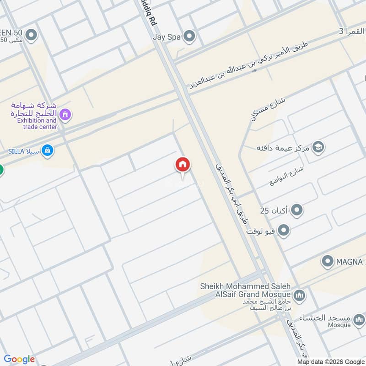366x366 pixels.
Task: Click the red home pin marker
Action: pyautogui.click(x=183, y=165)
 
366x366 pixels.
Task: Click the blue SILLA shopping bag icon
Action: pyautogui.click(x=47, y=150)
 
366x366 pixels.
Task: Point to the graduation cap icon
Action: pyautogui.click(x=318, y=147)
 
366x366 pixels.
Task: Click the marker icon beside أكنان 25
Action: pyautogui.click(x=297, y=210)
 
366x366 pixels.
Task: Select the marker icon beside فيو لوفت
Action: pyautogui.click(x=284, y=231)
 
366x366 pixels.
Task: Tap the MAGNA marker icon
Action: pyautogui.click(x=327, y=262)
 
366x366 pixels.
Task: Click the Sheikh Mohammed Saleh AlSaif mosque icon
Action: pyautogui.click(x=299, y=294)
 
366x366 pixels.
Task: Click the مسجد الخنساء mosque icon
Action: pyautogui.click(x=360, y=319)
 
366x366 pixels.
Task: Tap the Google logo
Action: pyautogui.click(x=19, y=359)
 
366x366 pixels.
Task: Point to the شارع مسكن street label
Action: pyautogui.click(x=268, y=108)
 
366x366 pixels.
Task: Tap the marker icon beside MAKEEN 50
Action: pyautogui.click(x=31, y=34)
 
